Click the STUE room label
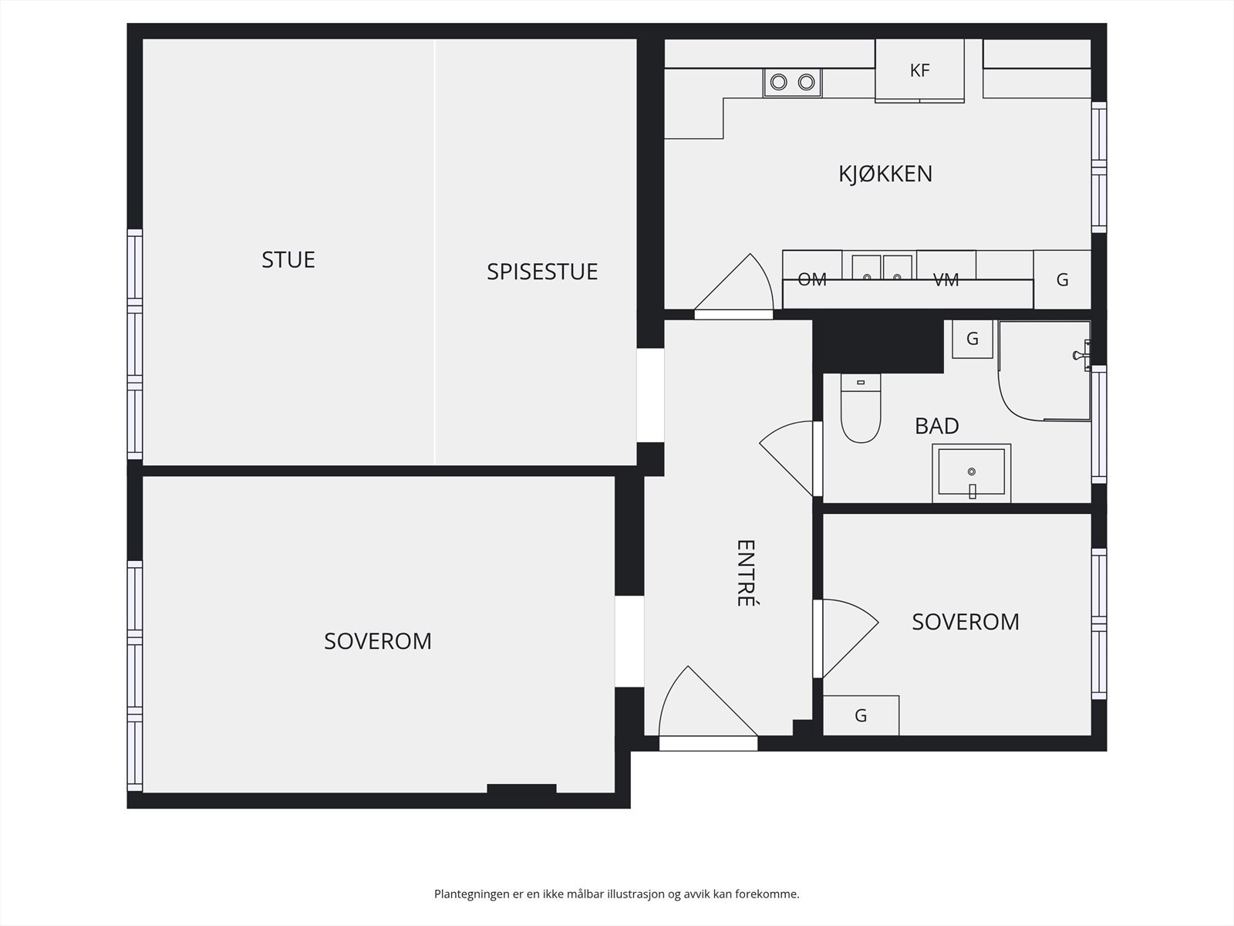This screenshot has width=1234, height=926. [x=288, y=260]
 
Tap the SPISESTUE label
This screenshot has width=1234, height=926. [x=542, y=272]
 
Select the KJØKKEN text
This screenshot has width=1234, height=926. [x=885, y=174]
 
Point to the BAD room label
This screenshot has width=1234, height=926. [x=936, y=426]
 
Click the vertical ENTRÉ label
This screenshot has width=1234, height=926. [x=746, y=573]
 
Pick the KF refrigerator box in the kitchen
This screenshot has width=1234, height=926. [x=920, y=70]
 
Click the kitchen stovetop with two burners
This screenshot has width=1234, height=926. [x=793, y=83]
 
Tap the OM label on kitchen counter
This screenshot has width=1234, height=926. [x=812, y=279]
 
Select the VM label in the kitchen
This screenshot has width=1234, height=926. [x=946, y=279]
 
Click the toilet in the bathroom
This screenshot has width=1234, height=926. [x=860, y=408]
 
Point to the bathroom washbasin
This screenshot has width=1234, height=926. [x=972, y=473]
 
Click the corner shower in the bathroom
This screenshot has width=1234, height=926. [x=1044, y=371]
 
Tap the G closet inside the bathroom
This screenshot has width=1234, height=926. [x=972, y=339]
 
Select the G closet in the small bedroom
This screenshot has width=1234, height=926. [x=861, y=715]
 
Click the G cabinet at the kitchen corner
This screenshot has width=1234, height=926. [x=1062, y=279]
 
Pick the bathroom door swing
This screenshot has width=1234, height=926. [x=787, y=458]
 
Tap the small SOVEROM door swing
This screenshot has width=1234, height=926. [x=850, y=639]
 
